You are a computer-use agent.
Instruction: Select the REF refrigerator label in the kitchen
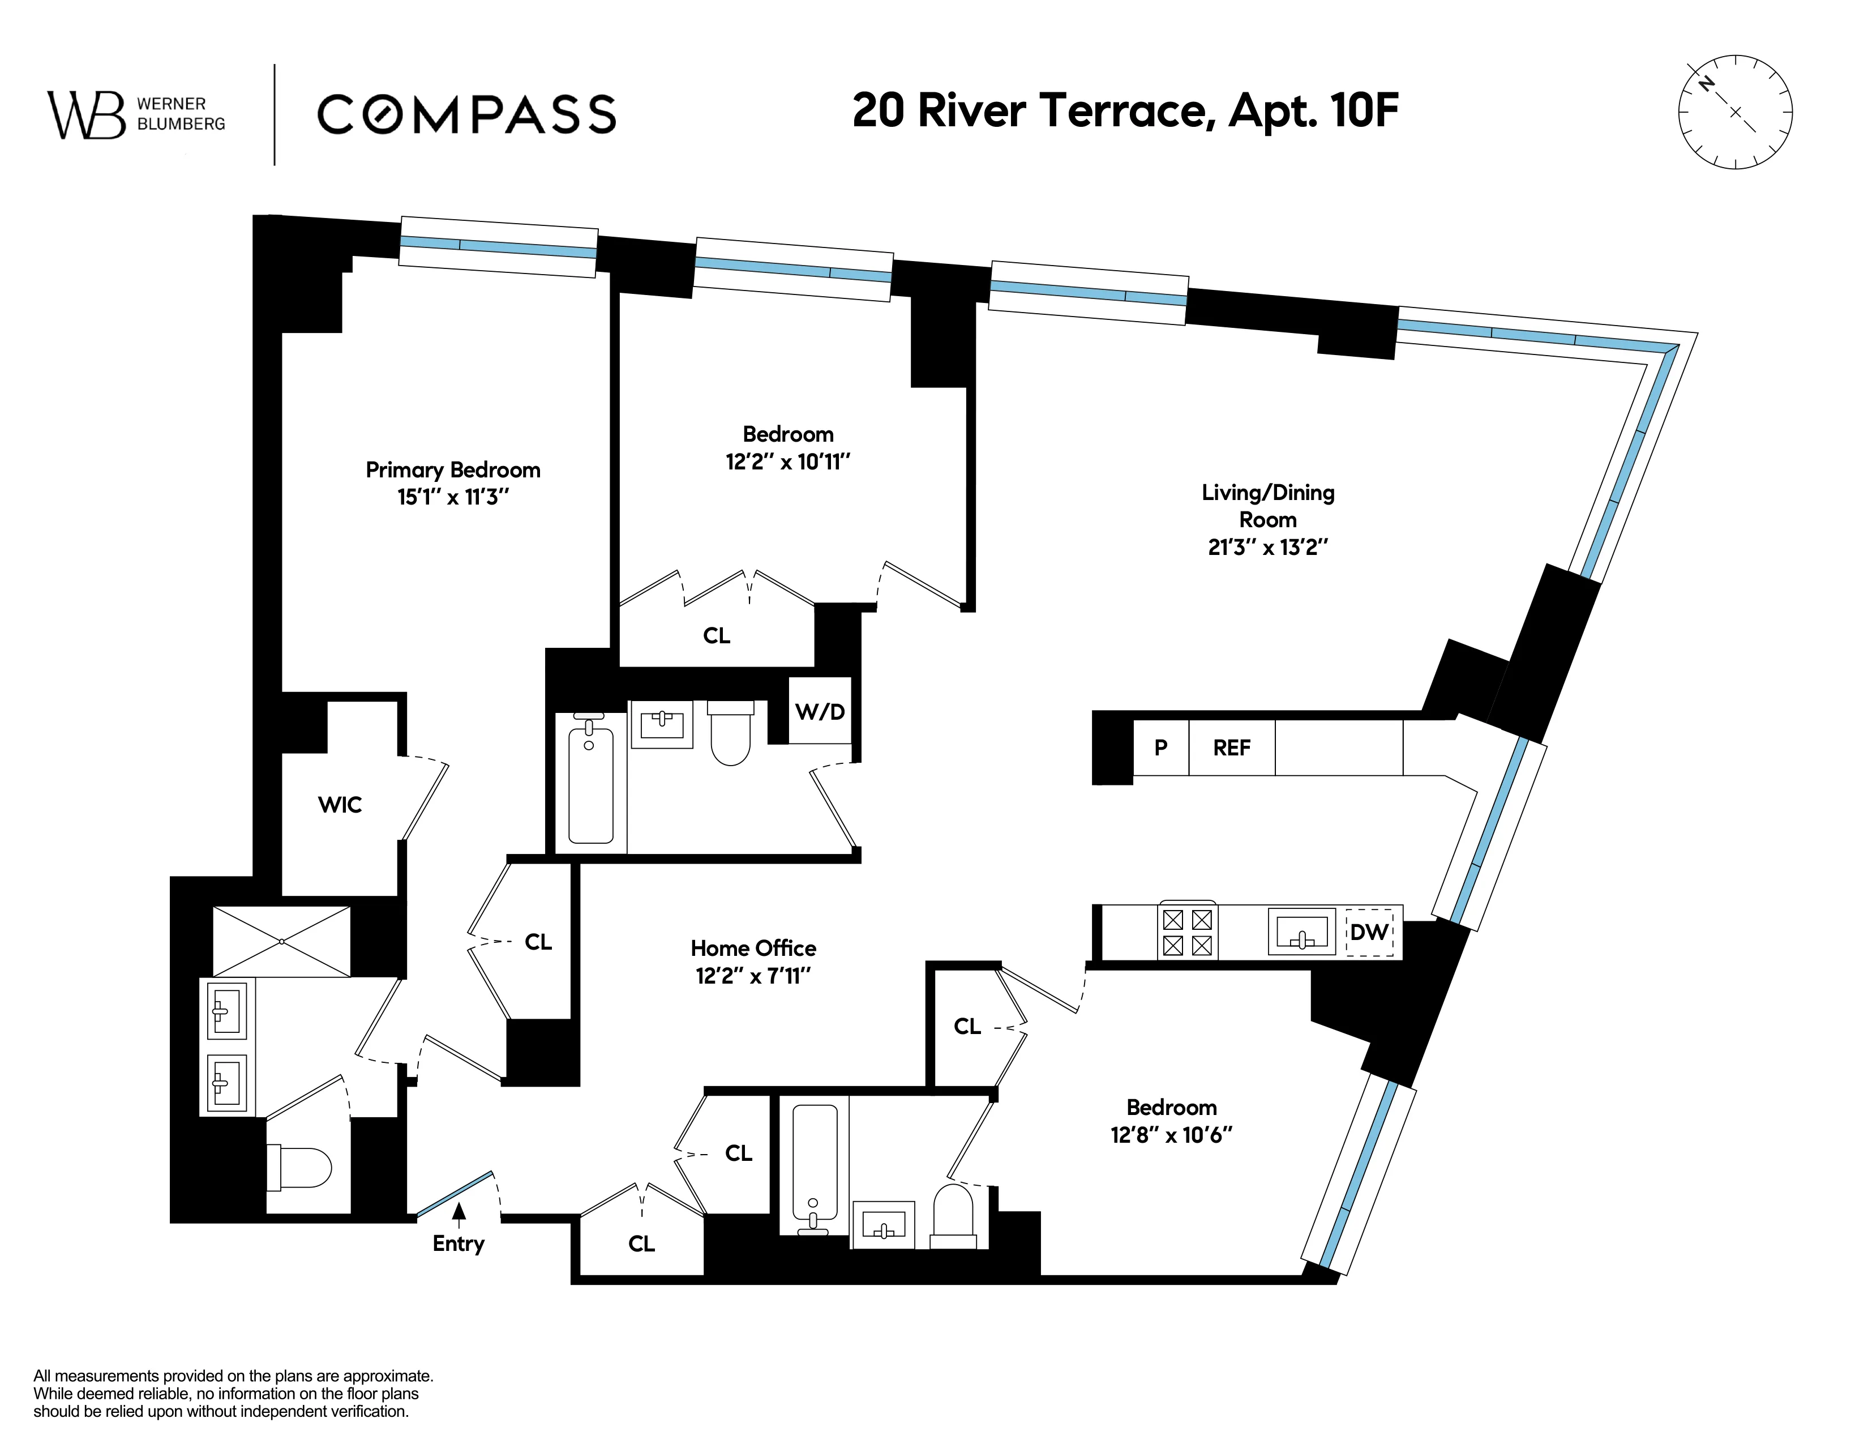[x=1232, y=747]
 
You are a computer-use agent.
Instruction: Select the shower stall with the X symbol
[x=281, y=941]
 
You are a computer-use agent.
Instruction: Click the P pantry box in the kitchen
[x=1160, y=747]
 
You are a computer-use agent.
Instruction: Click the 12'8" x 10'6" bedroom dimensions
[x=1171, y=1135]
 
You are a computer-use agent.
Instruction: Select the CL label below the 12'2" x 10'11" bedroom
[x=716, y=635]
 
